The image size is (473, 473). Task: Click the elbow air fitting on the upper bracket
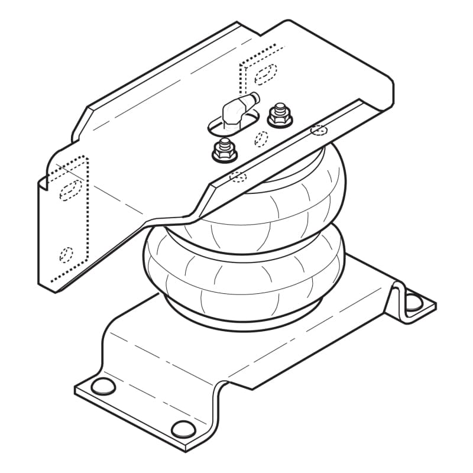tap(232, 111)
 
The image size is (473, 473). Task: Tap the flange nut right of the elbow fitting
tap(279, 116)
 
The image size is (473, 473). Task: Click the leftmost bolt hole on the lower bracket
tap(104, 387)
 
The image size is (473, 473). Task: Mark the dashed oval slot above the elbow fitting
tap(265, 73)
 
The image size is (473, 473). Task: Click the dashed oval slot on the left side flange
tap(69, 190)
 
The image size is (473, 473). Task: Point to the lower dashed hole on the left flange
tap(67, 254)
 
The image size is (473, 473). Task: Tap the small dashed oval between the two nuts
tap(261, 138)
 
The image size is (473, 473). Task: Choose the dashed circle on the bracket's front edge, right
tap(319, 129)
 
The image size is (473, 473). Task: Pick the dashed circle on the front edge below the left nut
tap(238, 176)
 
